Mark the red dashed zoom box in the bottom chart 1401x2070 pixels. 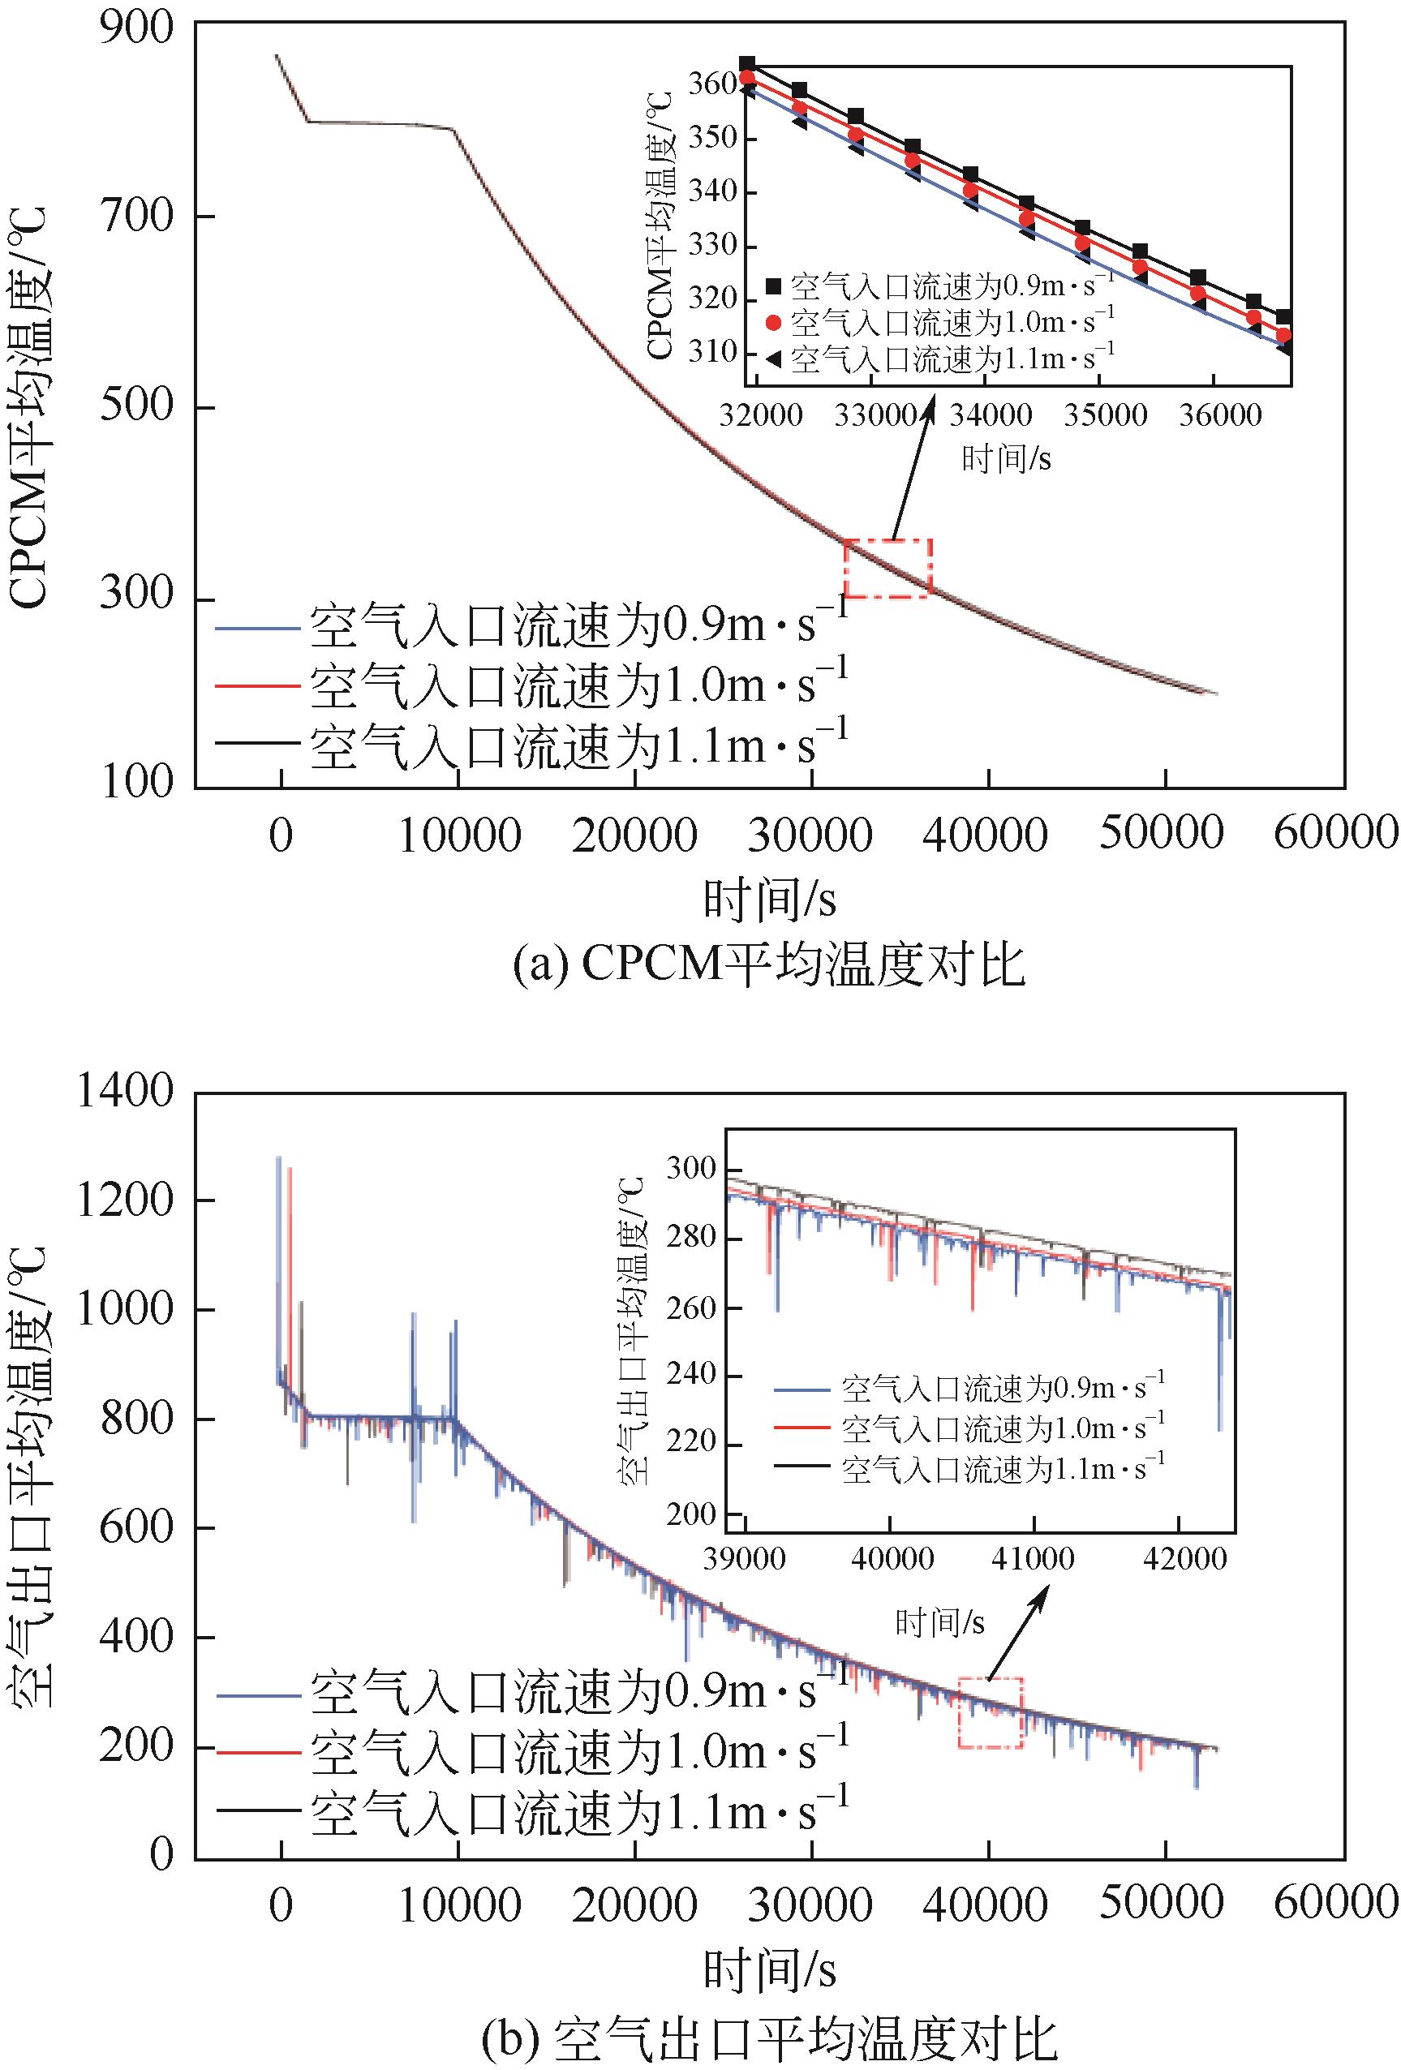pos(991,1712)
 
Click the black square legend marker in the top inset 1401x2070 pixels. pos(773,286)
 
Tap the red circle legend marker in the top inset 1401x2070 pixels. pos(773,321)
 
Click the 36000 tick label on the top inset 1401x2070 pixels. pos(1220,415)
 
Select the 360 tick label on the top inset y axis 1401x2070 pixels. pos(711,84)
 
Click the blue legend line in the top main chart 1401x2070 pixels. pos(256,628)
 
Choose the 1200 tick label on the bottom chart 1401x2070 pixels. pos(125,1200)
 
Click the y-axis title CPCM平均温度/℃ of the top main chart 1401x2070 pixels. pos(29,407)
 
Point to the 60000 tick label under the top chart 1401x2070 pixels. pos(1336,834)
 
